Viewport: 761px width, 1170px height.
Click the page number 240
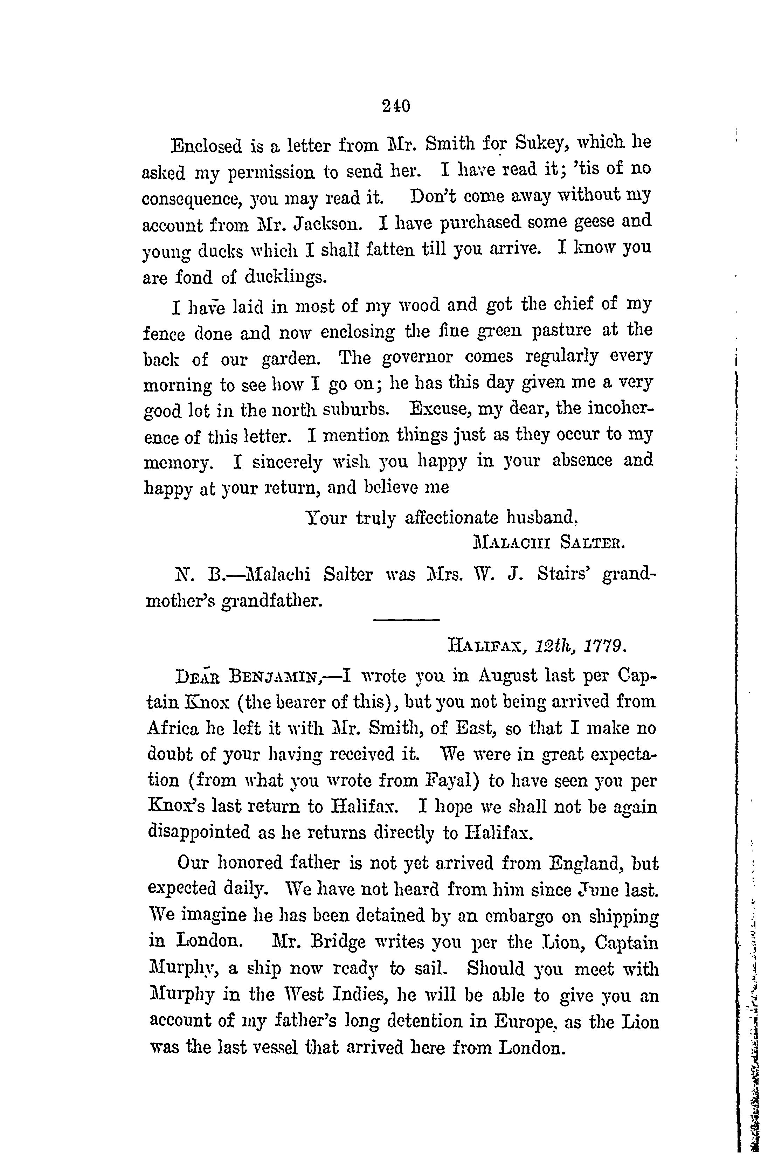point(396,106)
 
